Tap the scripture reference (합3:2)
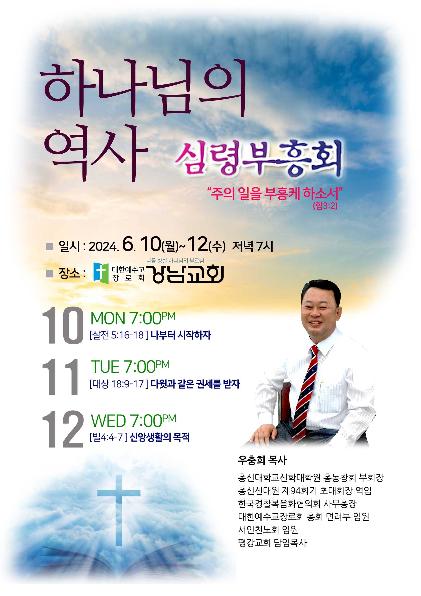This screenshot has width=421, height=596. click(325, 206)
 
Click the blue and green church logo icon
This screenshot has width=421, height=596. click(101, 273)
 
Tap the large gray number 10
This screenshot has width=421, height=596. click(63, 326)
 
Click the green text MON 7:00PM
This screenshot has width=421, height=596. click(133, 318)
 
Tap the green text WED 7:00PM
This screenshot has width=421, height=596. click(134, 420)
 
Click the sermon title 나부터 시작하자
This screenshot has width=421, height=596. click(181, 335)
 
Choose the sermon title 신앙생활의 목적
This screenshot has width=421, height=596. click(159, 437)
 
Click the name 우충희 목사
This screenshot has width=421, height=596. click(262, 460)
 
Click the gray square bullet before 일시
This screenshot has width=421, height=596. click(50, 246)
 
